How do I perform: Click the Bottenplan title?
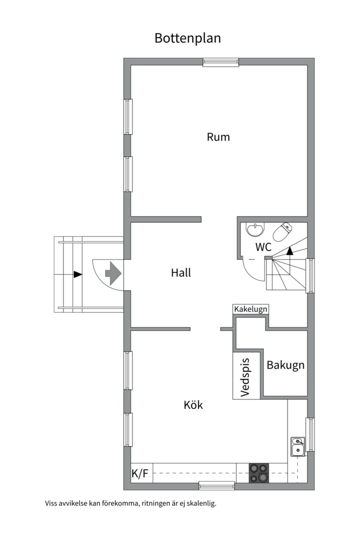pos(187,38)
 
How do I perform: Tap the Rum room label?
pos(218,137)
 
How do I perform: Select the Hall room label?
pos(181,273)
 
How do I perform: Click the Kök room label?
pos(193,405)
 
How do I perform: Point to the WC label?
pos(263,247)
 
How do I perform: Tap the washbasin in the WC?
pos(255,230)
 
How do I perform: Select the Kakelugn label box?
pos(251,309)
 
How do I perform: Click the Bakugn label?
pos(285,365)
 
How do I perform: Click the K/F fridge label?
pos(140,473)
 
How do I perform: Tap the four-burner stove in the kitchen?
pos(259,473)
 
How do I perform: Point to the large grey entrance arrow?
pos(112,273)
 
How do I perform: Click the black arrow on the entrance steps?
pos(77,274)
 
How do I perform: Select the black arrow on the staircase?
pos(289,250)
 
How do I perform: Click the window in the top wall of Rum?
pos(220,62)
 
